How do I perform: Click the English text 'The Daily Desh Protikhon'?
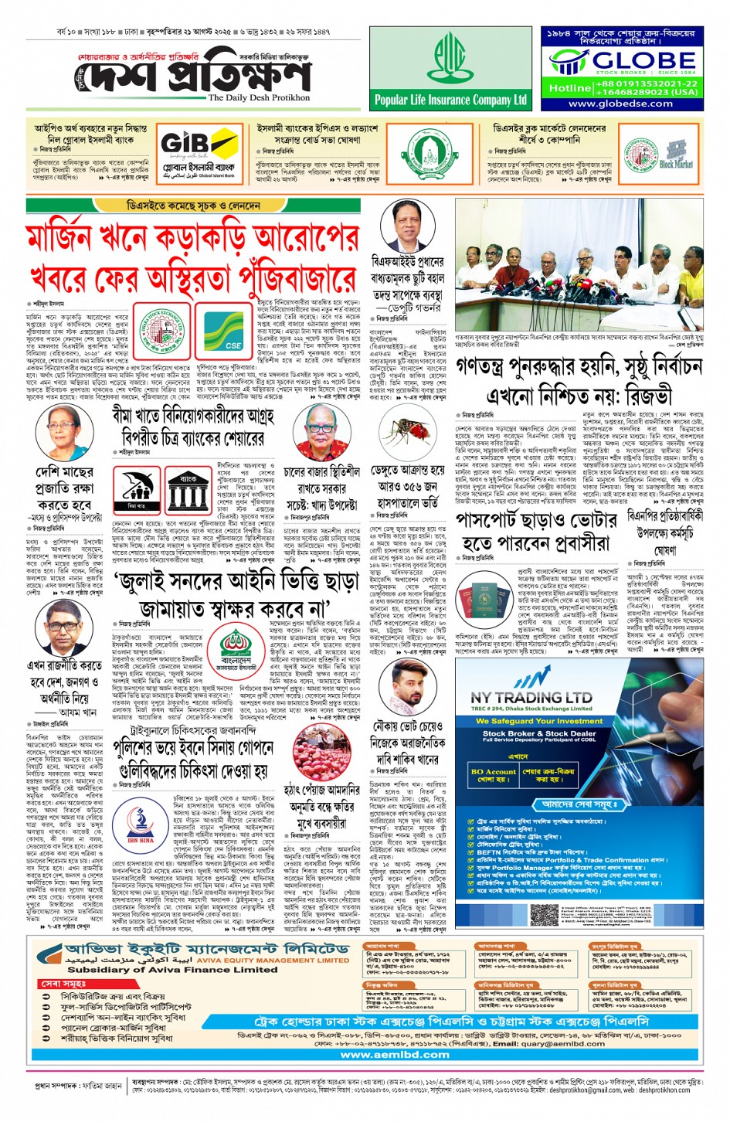tap(259, 98)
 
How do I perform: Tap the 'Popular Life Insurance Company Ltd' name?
tap(450, 100)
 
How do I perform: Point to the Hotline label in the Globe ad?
tap(569, 88)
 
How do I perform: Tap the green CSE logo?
tap(233, 330)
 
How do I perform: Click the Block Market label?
tap(676, 163)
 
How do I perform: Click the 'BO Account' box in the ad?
tap(493, 773)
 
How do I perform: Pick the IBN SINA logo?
tap(141, 822)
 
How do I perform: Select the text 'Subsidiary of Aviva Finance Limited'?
tap(171, 969)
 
